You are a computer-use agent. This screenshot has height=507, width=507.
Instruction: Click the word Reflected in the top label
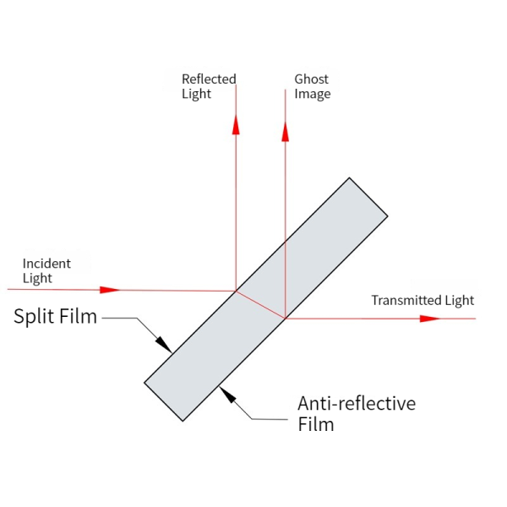tap(209, 79)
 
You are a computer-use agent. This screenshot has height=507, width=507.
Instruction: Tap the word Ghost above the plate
tap(311, 79)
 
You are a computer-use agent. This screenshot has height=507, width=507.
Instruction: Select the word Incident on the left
tap(46, 264)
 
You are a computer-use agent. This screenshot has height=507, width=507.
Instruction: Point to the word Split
tap(33, 317)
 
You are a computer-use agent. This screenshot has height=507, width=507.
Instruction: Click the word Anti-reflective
tap(357, 403)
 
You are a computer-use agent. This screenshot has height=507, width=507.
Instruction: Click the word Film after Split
tap(77, 317)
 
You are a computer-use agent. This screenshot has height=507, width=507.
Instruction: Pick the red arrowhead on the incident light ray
tap(110, 290)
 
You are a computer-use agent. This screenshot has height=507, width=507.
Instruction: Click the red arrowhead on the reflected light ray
tap(236, 123)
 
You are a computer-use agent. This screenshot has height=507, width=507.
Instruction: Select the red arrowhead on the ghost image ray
tap(286, 131)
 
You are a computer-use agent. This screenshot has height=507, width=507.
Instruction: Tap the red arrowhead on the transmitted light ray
tap(430, 319)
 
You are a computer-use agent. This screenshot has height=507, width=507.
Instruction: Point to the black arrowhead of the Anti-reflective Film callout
tap(224, 392)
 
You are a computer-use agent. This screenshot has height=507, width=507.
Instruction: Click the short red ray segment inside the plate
tap(260, 304)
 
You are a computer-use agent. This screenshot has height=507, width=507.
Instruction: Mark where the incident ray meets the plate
tap(236, 291)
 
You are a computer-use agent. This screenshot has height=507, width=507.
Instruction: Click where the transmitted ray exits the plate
tap(286, 318)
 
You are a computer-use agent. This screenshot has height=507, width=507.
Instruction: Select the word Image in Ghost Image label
tap(312, 94)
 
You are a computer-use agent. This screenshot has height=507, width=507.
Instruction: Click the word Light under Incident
tap(37, 278)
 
